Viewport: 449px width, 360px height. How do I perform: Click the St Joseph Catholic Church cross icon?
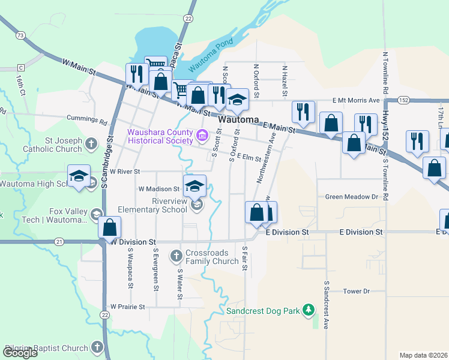[91, 143]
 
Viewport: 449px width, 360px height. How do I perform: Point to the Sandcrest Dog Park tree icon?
[309, 310]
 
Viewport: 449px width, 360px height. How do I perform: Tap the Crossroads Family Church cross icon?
[176, 256]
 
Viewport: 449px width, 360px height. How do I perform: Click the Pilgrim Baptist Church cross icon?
[97, 347]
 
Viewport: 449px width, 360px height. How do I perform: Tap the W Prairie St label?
[127, 307]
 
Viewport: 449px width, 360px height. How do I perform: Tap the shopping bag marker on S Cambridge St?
[109, 228]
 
